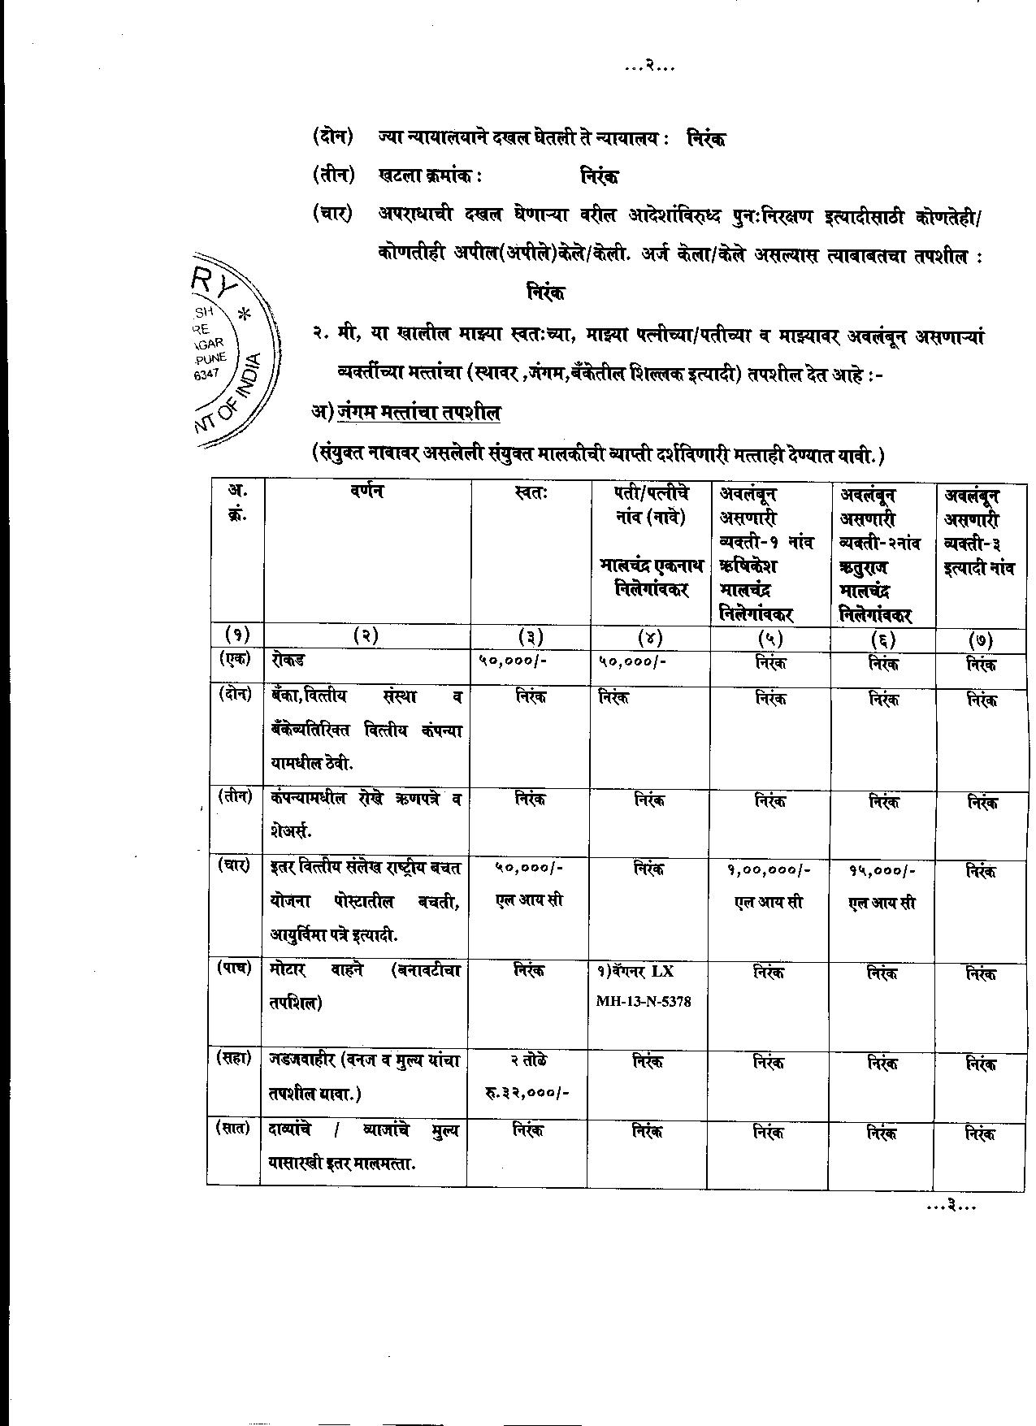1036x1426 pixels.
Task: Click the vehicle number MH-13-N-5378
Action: tap(643, 1002)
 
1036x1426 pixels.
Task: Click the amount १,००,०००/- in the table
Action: tap(769, 870)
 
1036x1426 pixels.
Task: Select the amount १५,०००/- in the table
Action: tap(882, 870)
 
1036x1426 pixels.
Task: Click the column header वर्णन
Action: tap(367, 491)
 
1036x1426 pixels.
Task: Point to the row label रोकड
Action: tap(288, 661)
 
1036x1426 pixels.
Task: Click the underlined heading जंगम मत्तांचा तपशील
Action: tap(418, 412)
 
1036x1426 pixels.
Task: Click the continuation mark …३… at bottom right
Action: tap(950, 1207)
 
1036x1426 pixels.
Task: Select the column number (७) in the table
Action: tap(981, 638)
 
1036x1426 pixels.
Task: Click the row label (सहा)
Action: tap(233, 1058)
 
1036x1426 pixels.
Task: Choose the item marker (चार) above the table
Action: tap(332, 214)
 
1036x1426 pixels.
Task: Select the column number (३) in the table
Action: tap(531, 637)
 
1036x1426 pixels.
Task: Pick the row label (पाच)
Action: tap(233, 968)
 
